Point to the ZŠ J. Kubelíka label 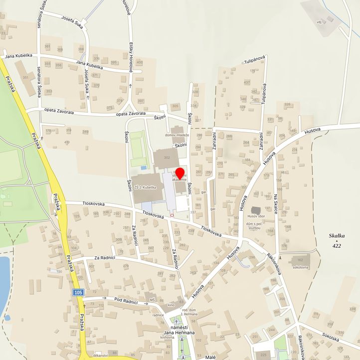(149, 187)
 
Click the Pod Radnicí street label (126, 300)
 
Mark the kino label (172, 304)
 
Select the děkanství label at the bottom (101, 356)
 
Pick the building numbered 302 (166, 158)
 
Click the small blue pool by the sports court (144, 168)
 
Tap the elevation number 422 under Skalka (337, 245)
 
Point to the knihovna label (167, 337)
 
